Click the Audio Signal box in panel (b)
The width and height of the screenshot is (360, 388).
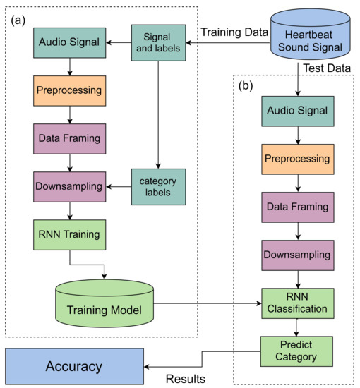click(x=297, y=110)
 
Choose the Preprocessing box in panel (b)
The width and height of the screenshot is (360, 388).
click(x=297, y=159)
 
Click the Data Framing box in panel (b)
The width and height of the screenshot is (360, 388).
click(x=297, y=207)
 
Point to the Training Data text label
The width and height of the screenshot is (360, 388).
click(x=234, y=32)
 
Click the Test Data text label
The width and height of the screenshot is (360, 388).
click(x=327, y=68)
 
